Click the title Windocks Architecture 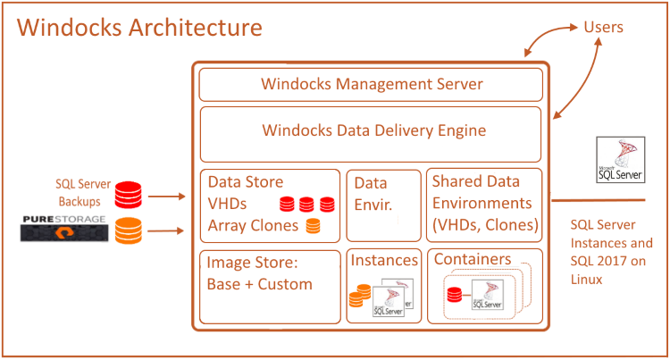click(x=140, y=27)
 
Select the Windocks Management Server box click(x=371, y=85)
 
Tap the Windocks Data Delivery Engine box click(x=371, y=130)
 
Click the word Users click(x=603, y=27)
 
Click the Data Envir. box click(x=382, y=205)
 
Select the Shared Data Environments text click(x=483, y=203)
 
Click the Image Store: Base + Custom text click(x=259, y=273)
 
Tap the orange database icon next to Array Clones click(x=313, y=225)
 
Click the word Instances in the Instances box click(x=384, y=261)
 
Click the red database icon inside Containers click(x=455, y=296)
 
